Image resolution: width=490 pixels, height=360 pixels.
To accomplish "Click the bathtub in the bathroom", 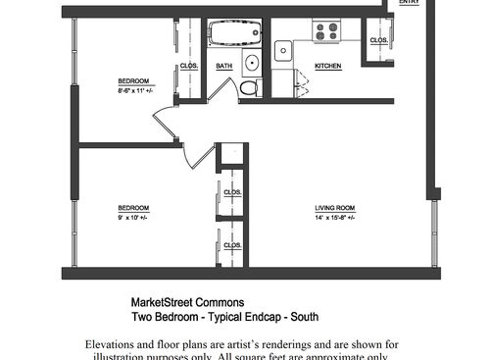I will [235, 34].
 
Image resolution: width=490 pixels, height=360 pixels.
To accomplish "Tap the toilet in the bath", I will [249, 87].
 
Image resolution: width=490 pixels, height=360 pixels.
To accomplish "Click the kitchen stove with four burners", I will [325, 30].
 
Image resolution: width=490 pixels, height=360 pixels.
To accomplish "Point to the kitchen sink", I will [283, 50].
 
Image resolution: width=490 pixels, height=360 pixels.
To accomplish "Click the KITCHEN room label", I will [327, 66].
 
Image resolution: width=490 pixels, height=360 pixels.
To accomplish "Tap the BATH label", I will [224, 66].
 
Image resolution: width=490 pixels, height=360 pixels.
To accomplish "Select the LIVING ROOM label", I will [334, 208].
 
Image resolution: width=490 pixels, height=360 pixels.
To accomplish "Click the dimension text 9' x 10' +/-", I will [132, 217].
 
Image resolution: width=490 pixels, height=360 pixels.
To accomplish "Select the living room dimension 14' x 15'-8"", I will [334, 217].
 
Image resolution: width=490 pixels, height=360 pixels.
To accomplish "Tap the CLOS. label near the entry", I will [379, 40].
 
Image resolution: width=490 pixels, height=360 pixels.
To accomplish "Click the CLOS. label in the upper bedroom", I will [189, 66].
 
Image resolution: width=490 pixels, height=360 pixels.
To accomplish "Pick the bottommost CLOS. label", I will [232, 245].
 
